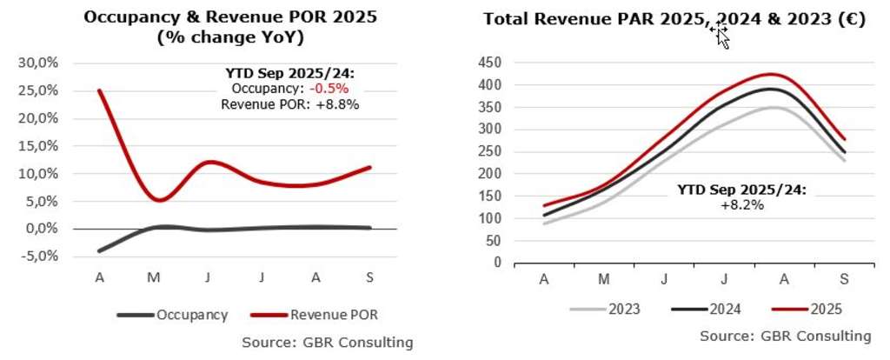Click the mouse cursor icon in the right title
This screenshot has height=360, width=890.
point(720,35)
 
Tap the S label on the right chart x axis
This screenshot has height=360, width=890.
point(846,279)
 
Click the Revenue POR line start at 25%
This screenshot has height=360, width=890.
point(98,90)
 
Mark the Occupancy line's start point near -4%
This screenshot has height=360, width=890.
point(98,250)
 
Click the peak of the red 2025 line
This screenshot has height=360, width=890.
point(770,74)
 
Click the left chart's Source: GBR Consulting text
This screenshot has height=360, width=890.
point(327,343)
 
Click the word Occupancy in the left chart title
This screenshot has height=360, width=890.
point(130,17)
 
